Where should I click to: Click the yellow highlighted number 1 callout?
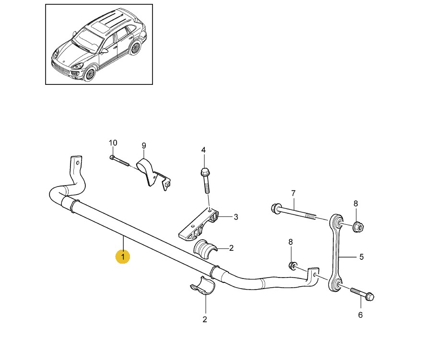tap(122, 257)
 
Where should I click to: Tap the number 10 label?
tap(113, 143)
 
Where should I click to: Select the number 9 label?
tap(143, 146)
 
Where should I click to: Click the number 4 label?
tap(203, 151)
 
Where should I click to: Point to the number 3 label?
tap(235, 217)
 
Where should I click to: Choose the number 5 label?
tap(362, 257)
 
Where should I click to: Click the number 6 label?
tap(361, 315)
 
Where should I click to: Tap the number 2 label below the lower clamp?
tap(205, 319)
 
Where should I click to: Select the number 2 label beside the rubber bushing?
tap(231, 248)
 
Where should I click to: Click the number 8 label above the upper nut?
tap(355, 204)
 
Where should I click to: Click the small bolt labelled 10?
tap(120, 161)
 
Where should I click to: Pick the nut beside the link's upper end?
tap(357, 226)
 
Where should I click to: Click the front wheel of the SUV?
tap(89, 73)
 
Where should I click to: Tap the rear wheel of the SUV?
tap(136, 49)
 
